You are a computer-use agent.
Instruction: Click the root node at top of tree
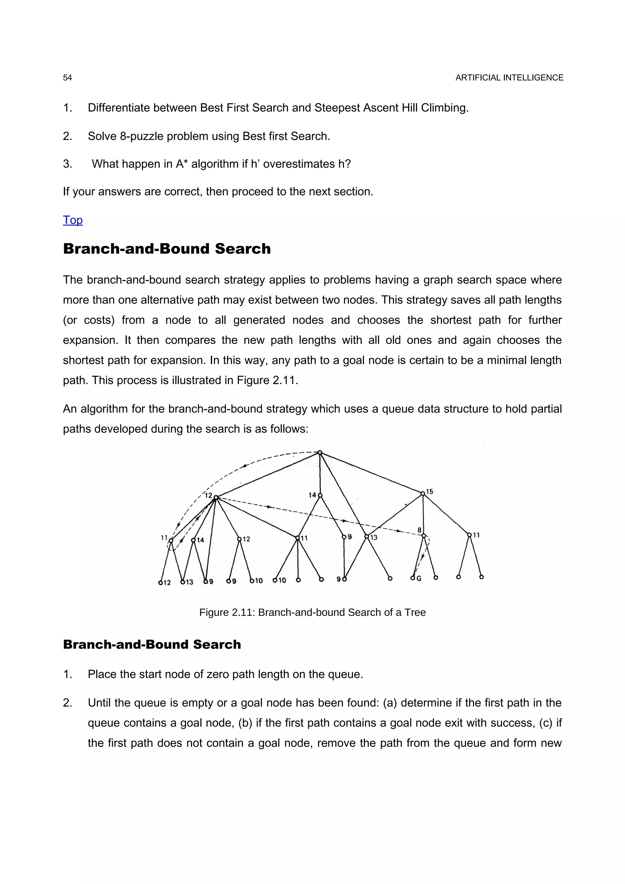click(x=320, y=452)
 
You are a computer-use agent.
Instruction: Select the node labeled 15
click(x=423, y=494)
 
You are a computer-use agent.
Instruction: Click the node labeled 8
click(x=424, y=536)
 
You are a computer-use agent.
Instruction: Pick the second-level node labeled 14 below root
click(x=320, y=495)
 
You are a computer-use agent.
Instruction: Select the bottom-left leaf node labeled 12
click(x=161, y=583)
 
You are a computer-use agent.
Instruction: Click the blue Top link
click(x=73, y=220)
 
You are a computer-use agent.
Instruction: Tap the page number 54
click(x=67, y=78)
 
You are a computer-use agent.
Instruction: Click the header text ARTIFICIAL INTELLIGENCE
click(x=509, y=78)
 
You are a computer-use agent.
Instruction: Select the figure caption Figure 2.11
click(x=312, y=612)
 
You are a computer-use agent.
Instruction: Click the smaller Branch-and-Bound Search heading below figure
click(x=152, y=645)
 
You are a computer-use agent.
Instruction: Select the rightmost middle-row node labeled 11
click(x=469, y=535)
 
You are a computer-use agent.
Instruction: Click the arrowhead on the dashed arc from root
click(x=243, y=467)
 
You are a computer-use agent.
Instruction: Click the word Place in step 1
click(x=101, y=674)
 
